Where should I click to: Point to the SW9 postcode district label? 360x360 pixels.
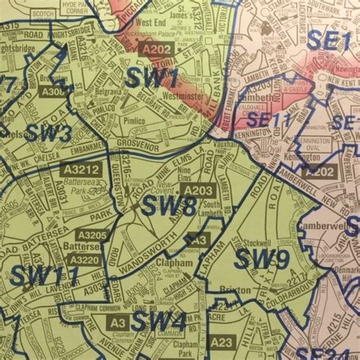[261, 260]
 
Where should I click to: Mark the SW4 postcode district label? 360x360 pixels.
[157, 323]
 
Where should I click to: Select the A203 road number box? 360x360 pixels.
[197, 190]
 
